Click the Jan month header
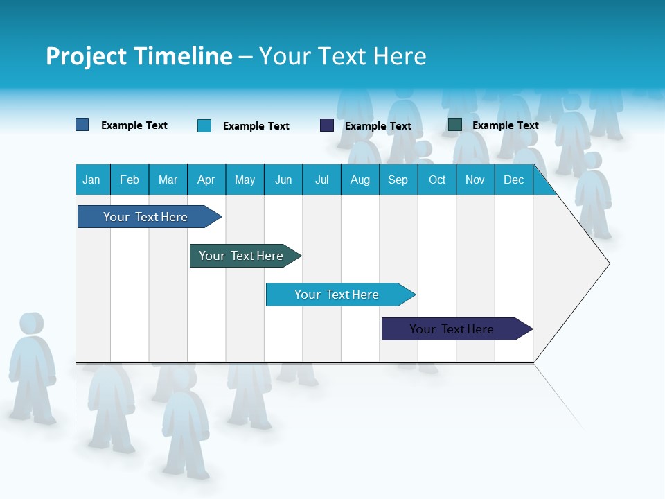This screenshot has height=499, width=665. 91,180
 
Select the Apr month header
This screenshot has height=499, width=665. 206,180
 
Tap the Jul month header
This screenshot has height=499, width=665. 321,180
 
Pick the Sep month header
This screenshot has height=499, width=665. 398,180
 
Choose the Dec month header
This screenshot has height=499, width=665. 513,180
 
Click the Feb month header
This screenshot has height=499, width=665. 130,180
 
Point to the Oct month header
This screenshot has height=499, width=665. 437,180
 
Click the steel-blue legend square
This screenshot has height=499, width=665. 82,125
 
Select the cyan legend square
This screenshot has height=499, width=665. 204,125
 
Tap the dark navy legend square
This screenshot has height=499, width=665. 327,125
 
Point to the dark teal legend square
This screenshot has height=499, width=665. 455,125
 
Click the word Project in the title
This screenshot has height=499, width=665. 86,56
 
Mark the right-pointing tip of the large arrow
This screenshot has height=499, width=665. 608,263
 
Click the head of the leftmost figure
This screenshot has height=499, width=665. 31,323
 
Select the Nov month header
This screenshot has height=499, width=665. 475,180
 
